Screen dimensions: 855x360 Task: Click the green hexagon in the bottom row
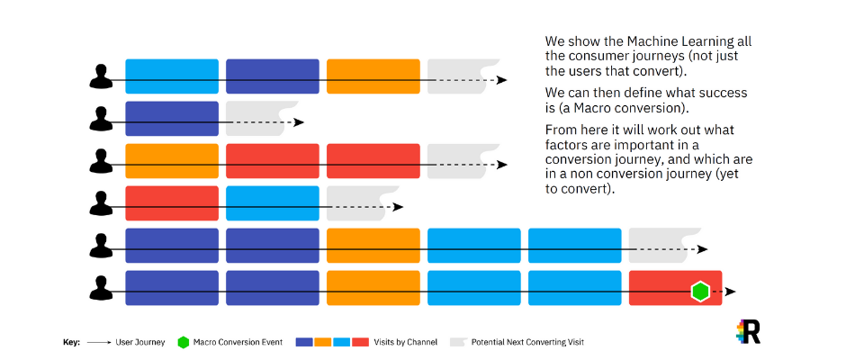(x=699, y=292)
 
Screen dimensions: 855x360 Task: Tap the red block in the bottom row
(x=675, y=288)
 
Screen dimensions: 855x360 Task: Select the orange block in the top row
(x=373, y=76)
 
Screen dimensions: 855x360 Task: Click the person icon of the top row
(x=101, y=76)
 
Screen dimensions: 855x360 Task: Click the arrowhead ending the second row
(x=299, y=122)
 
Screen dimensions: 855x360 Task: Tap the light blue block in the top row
(x=172, y=76)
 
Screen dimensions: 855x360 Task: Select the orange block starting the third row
(x=172, y=161)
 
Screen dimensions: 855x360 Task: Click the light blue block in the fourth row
(x=273, y=203)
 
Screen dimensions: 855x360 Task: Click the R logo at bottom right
(x=749, y=331)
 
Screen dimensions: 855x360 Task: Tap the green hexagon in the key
(x=184, y=343)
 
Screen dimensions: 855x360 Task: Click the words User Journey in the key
(x=140, y=343)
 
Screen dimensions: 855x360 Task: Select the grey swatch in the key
(x=457, y=342)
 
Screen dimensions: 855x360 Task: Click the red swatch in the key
(x=360, y=342)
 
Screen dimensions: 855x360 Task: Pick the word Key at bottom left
(x=71, y=343)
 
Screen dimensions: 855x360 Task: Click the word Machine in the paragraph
(x=652, y=41)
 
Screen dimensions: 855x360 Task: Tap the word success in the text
(x=724, y=93)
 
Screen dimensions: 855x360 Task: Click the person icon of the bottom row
(x=101, y=288)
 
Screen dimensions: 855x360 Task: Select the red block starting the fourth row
(x=172, y=203)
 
